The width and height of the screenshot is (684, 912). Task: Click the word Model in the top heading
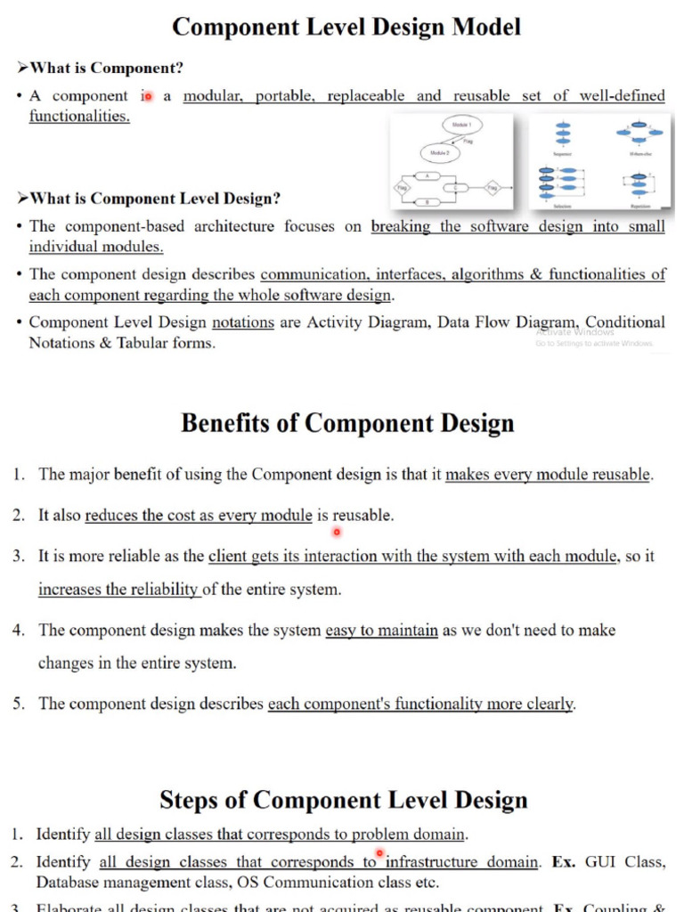(478, 27)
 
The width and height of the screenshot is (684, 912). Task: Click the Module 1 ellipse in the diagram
(462, 126)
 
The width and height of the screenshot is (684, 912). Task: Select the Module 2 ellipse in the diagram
(440, 154)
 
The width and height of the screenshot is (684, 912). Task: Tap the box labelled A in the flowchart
(428, 175)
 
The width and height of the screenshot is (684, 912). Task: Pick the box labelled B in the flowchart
(428, 202)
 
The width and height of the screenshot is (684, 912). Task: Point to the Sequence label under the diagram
(563, 154)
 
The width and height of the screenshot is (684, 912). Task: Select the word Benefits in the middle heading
(225, 423)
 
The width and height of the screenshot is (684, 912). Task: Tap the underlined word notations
(242, 322)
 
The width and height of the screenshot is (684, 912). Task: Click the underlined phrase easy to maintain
(381, 631)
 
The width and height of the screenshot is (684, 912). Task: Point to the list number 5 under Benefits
(19, 704)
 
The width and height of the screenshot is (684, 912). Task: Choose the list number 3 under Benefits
(19, 557)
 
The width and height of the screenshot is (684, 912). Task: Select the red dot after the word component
(148, 95)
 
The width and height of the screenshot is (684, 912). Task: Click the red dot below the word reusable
(337, 533)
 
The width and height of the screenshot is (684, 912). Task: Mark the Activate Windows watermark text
(574, 331)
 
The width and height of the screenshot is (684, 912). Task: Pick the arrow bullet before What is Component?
(23, 68)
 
